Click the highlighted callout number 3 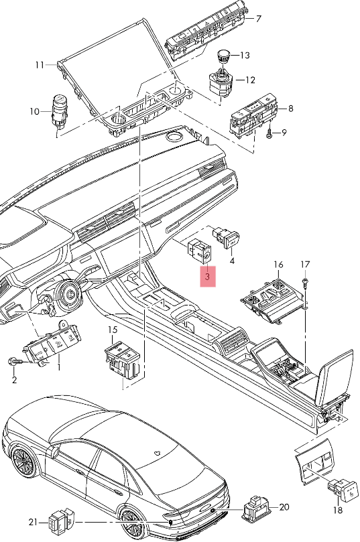(208, 275)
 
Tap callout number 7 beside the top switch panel (258, 19)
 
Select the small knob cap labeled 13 (224, 56)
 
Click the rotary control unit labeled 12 (220, 84)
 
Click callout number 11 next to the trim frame (40, 65)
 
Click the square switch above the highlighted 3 (200, 251)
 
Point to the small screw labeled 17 (306, 282)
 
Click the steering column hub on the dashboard (69, 292)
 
